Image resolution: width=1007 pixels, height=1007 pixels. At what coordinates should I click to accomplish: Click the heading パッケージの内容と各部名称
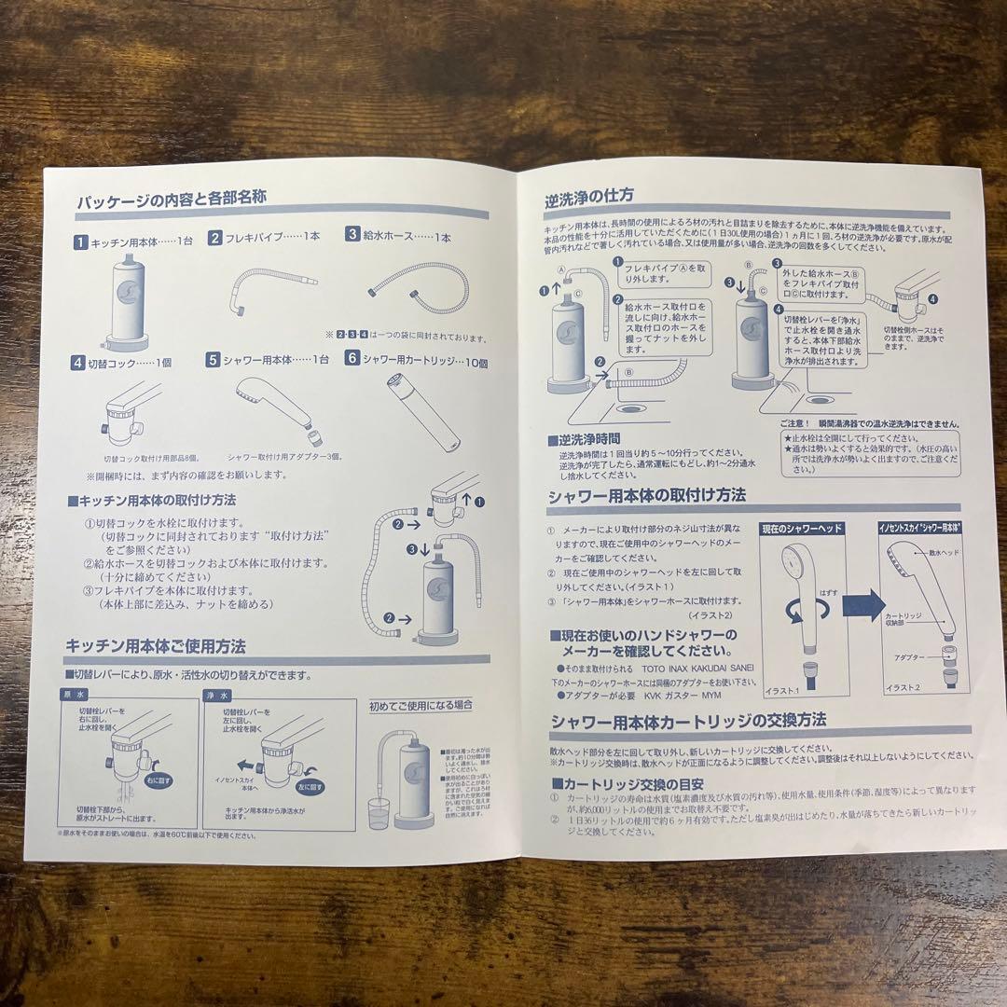point(172,199)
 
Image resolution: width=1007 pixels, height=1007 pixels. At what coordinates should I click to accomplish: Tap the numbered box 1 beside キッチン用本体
point(82,240)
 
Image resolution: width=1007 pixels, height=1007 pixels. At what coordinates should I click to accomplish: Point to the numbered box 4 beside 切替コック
point(79,361)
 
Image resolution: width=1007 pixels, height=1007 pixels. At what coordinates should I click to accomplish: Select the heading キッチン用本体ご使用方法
point(155,645)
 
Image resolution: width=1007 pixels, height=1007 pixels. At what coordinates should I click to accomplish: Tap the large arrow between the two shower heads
point(862,603)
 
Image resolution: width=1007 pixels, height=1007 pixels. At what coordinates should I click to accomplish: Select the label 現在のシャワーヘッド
point(802,528)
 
